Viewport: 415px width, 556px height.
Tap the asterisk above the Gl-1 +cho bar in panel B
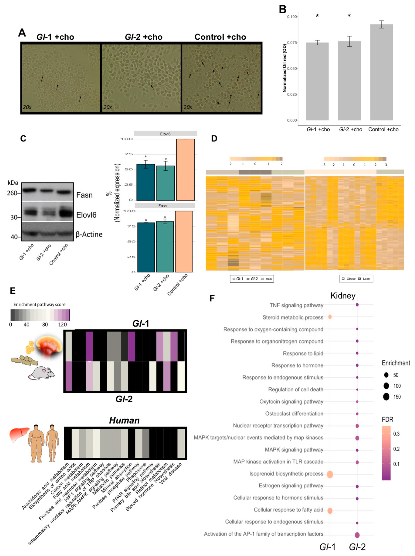pyautogui.click(x=317, y=16)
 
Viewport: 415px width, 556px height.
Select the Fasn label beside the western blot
pyautogui.click(x=84, y=195)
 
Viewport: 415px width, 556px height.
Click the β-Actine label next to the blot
pyautogui.click(x=89, y=234)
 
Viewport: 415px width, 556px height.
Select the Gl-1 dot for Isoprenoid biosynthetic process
pyautogui.click(x=330, y=474)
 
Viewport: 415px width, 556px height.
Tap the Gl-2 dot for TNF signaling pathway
pyautogui.click(x=357, y=305)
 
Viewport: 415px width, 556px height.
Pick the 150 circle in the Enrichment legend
pyautogui.click(x=386, y=397)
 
